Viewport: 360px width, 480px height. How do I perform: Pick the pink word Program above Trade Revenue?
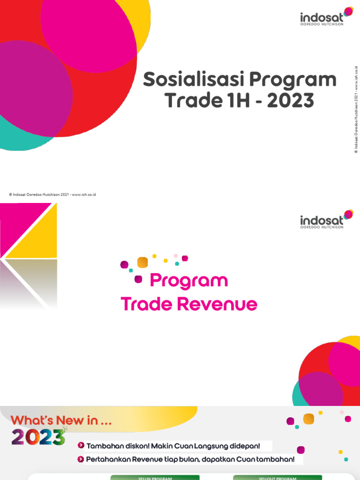click(x=188, y=281)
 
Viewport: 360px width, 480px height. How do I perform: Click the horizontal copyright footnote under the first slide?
click(x=52, y=194)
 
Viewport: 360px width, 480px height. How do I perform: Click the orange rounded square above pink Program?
click(x=142, y=262)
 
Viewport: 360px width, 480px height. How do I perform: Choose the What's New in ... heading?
click(x=61, y=420)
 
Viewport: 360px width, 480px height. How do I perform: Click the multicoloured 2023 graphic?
click(x=38, y=437)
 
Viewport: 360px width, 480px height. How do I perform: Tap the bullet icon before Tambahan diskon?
click(x=81, y=445)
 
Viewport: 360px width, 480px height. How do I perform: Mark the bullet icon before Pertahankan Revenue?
click(x=81, y=459)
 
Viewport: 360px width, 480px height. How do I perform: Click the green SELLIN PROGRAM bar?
click(x=155, y=478)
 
